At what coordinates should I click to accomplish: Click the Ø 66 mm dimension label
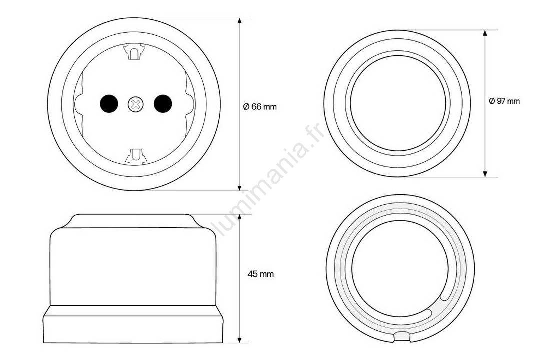[260, 107]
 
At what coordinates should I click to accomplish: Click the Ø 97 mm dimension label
[504, 101]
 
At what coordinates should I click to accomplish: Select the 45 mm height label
[261, 274]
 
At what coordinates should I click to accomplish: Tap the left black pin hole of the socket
[109, 103]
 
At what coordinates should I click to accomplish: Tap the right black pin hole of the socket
[163, 103]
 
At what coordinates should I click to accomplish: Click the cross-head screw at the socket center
[135, 104]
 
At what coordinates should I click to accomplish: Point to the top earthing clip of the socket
[134, 52]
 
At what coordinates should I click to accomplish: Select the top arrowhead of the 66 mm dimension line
[240, 21]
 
